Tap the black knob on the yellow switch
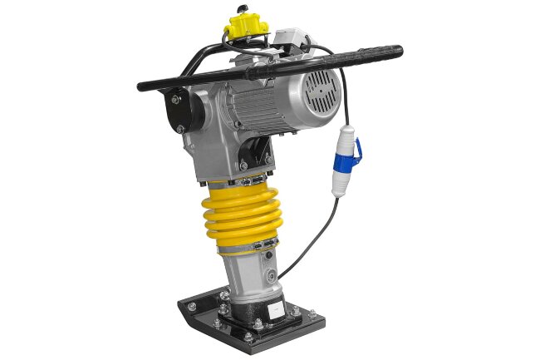[243, 10]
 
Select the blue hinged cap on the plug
[356, 150]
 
